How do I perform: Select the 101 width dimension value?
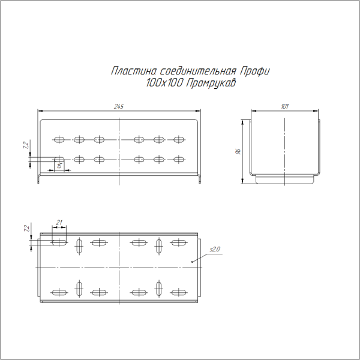coord(284,106)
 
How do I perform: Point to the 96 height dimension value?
coord(238,151)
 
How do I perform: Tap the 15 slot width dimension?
coord(59,166)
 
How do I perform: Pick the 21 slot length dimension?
coord(59,223)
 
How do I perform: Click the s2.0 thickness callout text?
coord(215,249)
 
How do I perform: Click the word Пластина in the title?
coord(131,71)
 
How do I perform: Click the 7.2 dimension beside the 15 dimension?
coord(25,146)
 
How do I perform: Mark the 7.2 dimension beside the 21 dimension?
coord(25,228)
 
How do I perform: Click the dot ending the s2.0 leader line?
coord(191,262)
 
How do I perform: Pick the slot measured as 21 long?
coord(59,242)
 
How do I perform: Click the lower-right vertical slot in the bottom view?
coord(159,289)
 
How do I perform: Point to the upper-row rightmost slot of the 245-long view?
coord(178,140)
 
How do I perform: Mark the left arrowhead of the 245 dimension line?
coord(40,111)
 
